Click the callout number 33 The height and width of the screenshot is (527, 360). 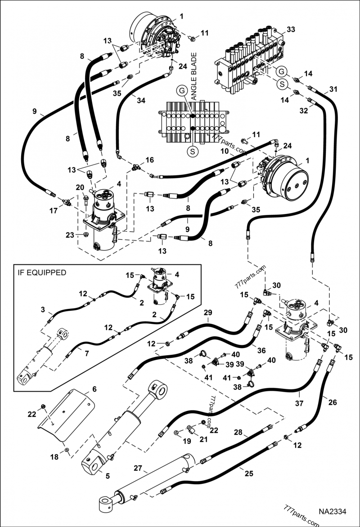coord(291,29)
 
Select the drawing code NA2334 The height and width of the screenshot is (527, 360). coord(333,512)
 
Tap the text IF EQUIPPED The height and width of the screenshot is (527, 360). coord(41,272)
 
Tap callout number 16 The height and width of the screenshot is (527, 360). coord(149,160)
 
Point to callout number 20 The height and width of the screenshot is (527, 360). coord(80,188)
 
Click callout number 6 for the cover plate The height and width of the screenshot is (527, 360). coord(94,389)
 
